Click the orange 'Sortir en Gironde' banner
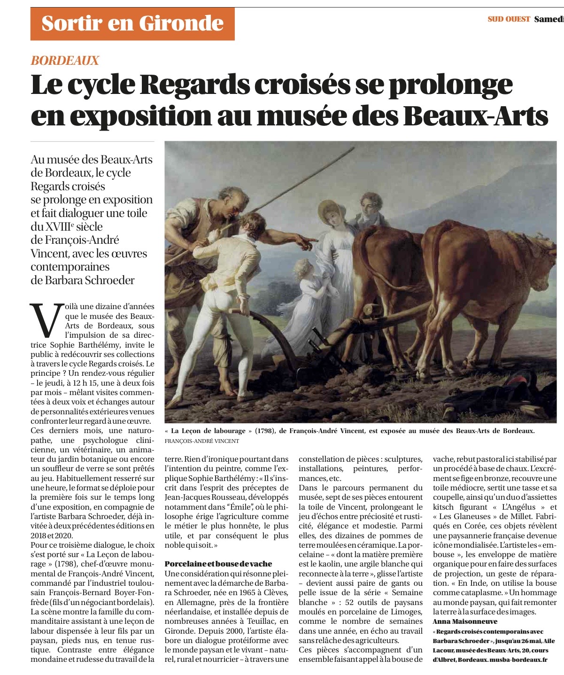tap(132, 23)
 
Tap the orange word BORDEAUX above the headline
tap(65, 60)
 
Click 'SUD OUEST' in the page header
tap(508, 19)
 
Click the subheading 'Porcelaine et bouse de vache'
tap(218, 564)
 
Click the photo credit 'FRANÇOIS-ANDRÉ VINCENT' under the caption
tap(202, 441)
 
